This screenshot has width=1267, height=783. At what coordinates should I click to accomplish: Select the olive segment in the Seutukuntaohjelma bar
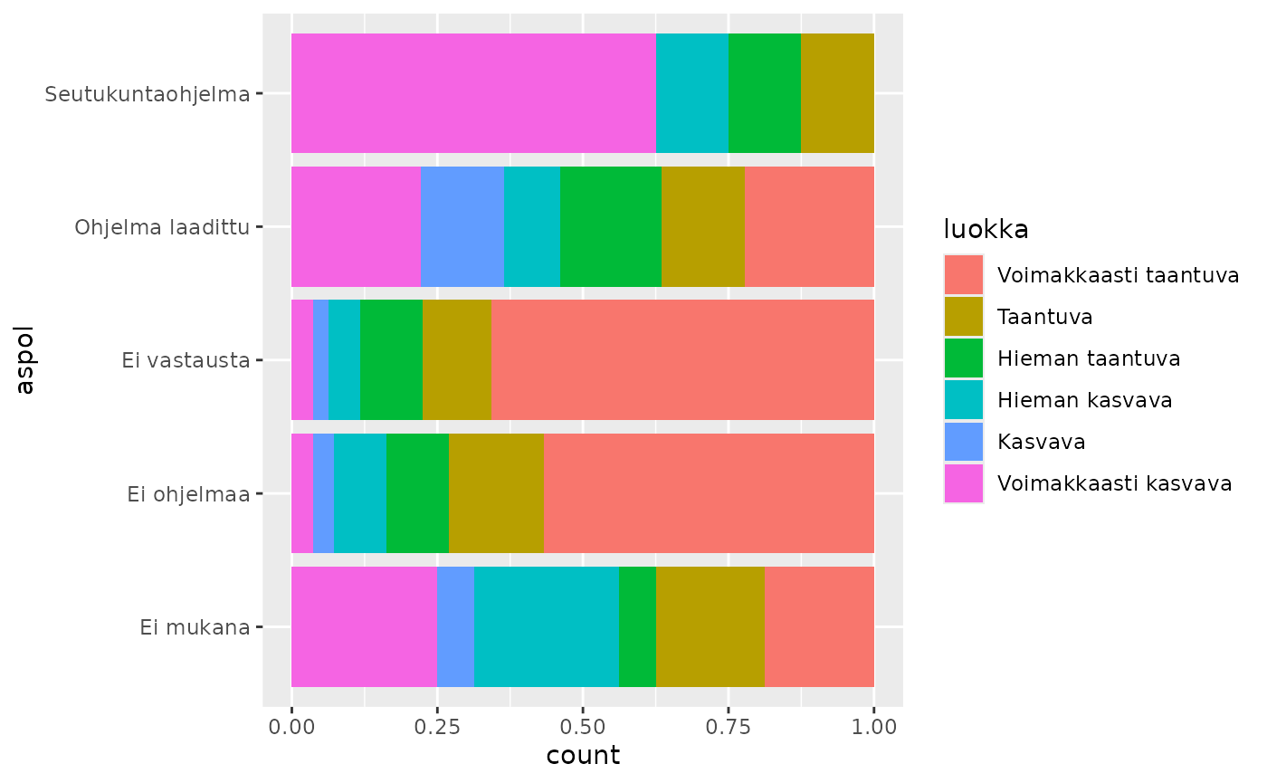(837, 93)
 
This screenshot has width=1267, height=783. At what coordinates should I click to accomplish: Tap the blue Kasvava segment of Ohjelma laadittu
(462, 226)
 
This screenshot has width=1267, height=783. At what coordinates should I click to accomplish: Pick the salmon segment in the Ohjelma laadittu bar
(809, 226)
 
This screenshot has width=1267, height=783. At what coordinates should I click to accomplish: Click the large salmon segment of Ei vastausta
(682, 359)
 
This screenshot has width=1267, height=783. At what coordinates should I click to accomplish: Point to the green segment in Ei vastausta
(391, 359)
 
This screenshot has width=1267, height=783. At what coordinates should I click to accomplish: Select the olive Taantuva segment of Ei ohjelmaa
(496, 493)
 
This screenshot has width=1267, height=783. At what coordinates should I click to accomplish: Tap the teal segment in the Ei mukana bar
(546, 626)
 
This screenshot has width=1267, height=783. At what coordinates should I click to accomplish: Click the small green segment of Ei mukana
(637, 626)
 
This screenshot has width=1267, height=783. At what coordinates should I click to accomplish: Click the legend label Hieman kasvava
(1084, 400)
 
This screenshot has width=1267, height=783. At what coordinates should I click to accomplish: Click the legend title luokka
(986, 230)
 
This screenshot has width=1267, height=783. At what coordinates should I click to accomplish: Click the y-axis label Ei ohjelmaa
(188, 493)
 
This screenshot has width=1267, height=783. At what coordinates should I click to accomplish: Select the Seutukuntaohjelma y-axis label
(148, 93)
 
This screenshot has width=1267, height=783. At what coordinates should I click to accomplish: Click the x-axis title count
(583, 756)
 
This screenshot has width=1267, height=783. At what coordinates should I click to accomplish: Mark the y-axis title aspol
(24, 359)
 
